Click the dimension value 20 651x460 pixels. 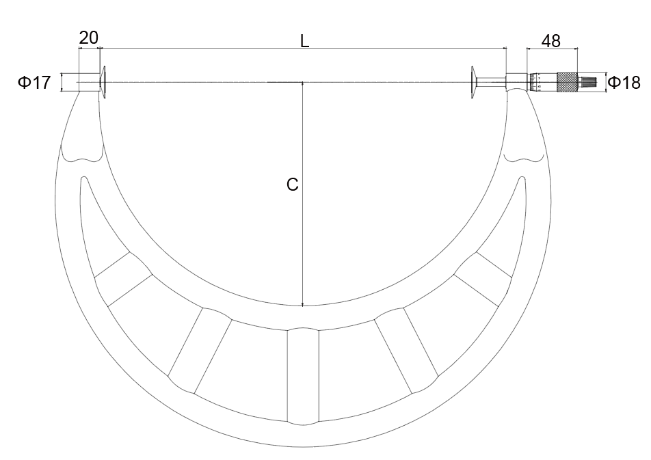tap(89, 38)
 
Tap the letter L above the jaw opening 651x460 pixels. tap(305, 40)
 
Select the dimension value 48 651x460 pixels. tap(551, 41)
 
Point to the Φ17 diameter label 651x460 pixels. tap(34, 83)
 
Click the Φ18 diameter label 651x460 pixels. tap(624, 83)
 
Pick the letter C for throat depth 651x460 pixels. tap(292, 185)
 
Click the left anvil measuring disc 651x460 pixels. tap(103, 83)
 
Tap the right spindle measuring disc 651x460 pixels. tap(473, 83)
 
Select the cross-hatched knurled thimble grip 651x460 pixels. tap(567, 83)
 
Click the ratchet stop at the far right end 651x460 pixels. tap(589, 83)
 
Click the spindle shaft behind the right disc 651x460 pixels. tap(491, 83)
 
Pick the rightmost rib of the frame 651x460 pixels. tap(483, 279)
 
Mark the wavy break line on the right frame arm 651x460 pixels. tap(524, 160)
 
